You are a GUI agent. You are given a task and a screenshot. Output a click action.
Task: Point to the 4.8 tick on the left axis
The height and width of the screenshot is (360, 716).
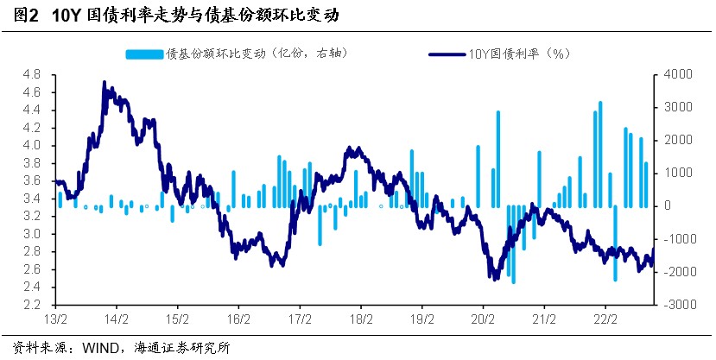31,74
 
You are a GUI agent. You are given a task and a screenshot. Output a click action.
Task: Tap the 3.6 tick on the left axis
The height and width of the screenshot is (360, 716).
31,180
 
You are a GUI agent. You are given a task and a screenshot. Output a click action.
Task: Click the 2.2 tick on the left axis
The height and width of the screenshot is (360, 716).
31,305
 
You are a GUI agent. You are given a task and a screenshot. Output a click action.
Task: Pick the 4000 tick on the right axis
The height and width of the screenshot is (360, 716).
677,74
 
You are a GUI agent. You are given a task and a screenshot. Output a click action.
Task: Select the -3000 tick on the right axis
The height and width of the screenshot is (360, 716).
676,305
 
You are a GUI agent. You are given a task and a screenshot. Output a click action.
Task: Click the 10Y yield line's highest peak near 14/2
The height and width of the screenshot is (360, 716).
105,82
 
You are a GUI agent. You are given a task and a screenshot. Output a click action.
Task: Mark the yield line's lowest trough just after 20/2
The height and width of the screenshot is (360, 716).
494,279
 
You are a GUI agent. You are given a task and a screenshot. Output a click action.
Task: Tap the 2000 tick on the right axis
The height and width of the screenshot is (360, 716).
677,140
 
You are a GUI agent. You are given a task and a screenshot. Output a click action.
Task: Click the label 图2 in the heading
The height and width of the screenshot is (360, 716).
22,15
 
